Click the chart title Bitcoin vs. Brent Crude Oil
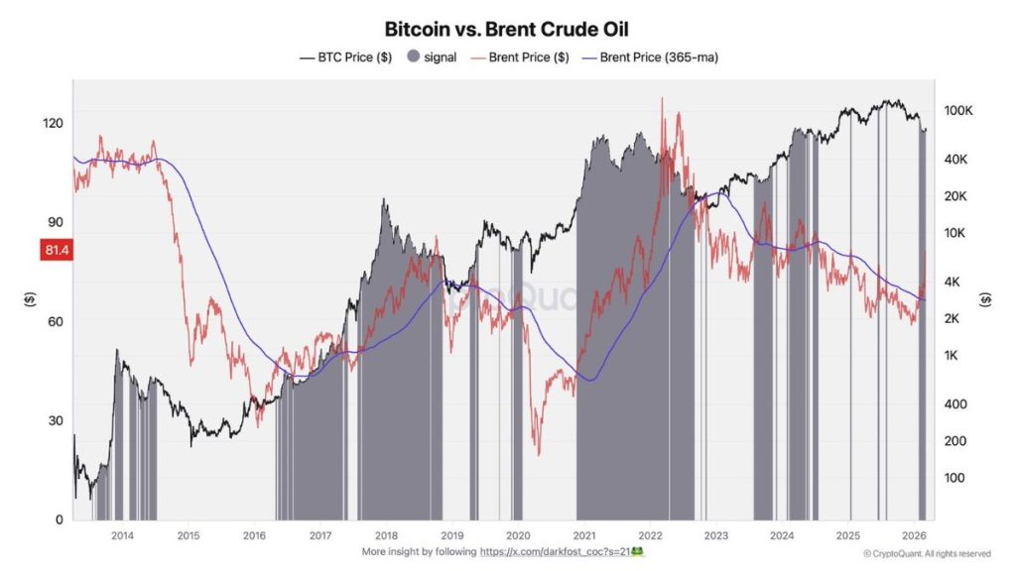point(507,29)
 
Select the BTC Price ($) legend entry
point(346,57)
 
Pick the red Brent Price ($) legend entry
point(521,57)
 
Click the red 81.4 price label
point(55,251)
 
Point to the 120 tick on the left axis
point(52,124)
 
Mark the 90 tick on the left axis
point(55,223)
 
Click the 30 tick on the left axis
point(55,420)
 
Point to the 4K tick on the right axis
point(953,282)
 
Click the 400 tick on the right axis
point(954,404)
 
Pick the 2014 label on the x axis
point(122,535)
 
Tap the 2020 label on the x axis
point(517,535)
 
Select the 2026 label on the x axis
point(913,535)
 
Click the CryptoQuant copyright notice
point(926,553)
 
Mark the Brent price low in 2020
point(539,455)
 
